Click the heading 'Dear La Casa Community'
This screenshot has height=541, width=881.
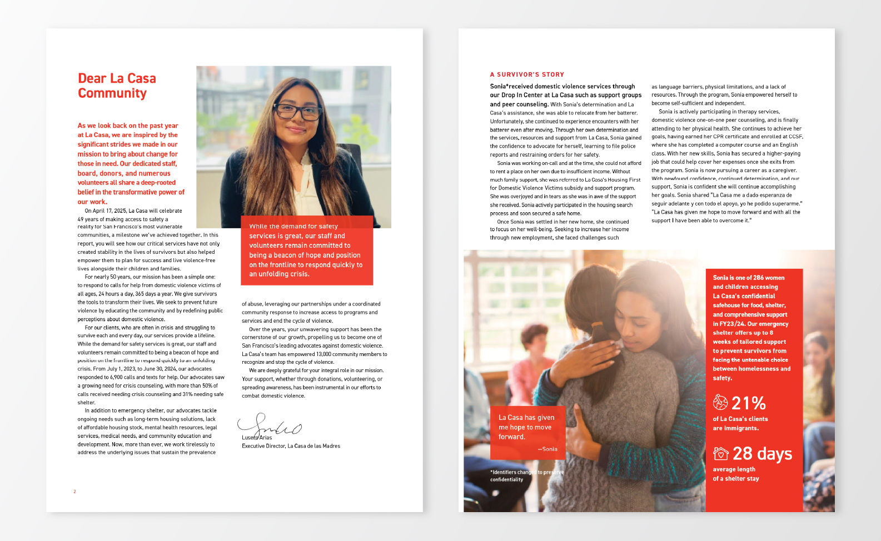(117, 86)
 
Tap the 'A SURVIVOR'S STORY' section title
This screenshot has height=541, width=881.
(527, 74)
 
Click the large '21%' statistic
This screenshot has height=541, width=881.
(748, 403)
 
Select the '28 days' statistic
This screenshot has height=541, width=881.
(762, 454)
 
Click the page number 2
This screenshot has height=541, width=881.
(74, 492)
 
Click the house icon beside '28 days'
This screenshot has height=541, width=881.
(721, 453)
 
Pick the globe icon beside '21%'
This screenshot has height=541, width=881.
(720, 402)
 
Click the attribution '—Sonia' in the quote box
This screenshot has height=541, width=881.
(547, 449)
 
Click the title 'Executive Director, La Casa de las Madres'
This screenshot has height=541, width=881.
(291, 446)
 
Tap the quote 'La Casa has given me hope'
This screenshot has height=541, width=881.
(526, 427)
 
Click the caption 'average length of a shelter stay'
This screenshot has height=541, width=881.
(735, 474)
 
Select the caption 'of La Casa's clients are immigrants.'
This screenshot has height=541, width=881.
(740, 424)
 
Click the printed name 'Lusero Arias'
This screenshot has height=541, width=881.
(257, 438)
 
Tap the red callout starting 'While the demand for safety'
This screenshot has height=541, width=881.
(306, 251)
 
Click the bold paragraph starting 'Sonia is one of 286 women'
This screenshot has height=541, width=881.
(751, 328)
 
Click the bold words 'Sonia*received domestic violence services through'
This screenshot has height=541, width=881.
(562, 87)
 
